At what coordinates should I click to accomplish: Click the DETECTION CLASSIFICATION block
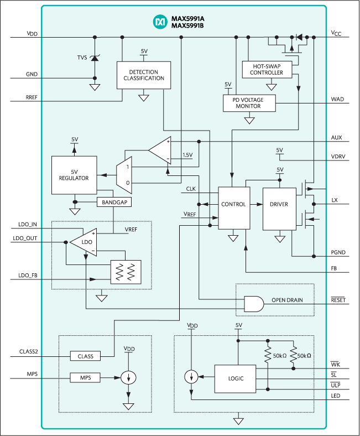(x=143, y=75)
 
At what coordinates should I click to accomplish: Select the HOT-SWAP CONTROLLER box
(x=270, y=69)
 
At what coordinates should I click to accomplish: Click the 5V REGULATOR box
(x=74, y=175)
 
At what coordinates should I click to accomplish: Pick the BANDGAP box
(x=114, y=203)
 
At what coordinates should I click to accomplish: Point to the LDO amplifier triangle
(x=83, y=242)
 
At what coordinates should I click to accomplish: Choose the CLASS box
(x=85, y=356)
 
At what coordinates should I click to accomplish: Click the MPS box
(x=85, y=378)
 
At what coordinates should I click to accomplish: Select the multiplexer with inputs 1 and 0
(x=124, y=174)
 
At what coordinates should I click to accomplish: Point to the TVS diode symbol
(x=95, y=57)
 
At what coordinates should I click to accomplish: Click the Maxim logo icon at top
(x=160, y=22)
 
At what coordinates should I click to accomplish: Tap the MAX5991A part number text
(x=189, y=18)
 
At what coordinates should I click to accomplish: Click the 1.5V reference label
(x=187, y=155)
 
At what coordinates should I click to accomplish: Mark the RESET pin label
(x=338, y=300)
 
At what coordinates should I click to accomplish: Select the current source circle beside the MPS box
(x=128, y=378)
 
